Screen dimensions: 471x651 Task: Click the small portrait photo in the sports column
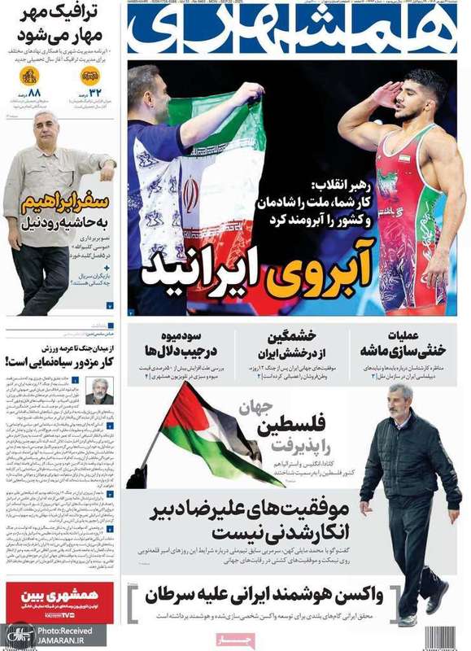(x=99, y=391)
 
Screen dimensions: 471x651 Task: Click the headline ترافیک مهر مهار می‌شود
(x=60, y=27)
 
